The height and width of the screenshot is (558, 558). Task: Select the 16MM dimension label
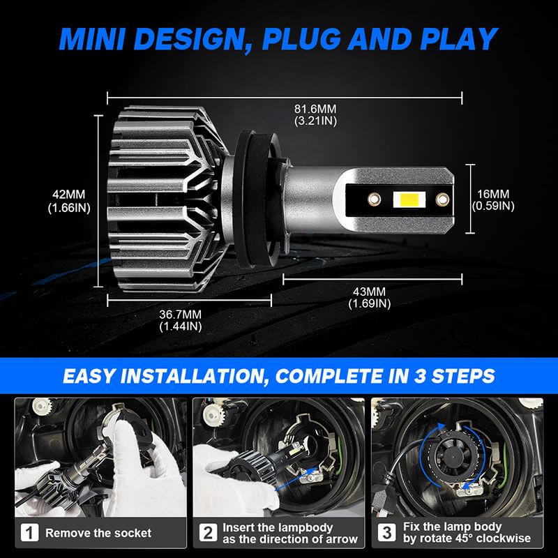(493, 194)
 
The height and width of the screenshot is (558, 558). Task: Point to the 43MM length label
(369, 291)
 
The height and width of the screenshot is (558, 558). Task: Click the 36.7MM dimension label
(180, 314)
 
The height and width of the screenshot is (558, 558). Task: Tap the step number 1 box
(29, 533)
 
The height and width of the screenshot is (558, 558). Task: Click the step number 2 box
(208, 533)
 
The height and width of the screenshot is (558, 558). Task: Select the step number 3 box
(386, 533)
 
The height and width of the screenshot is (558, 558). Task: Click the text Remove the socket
(98, 533)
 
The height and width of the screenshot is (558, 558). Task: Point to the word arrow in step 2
(340, 539)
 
